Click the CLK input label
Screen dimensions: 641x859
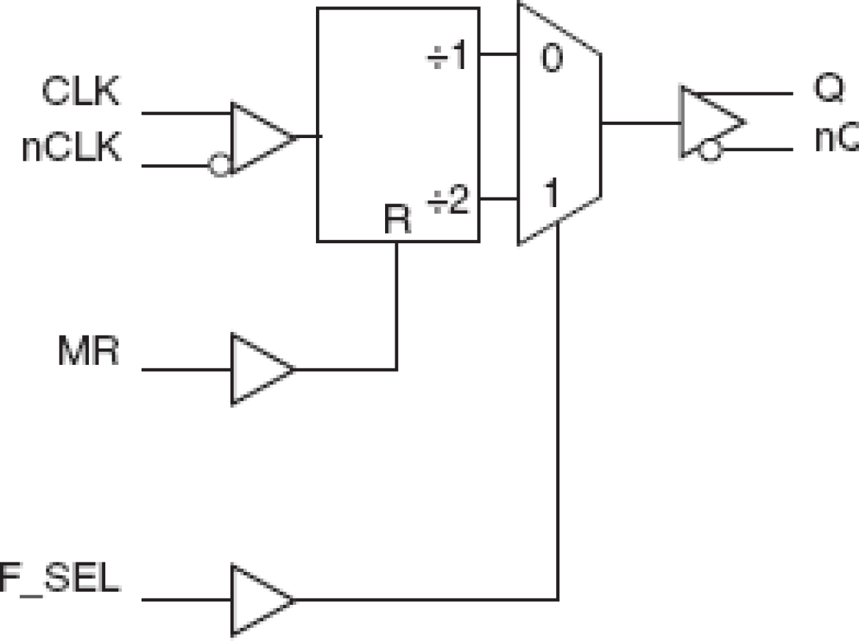(x=81, y=92)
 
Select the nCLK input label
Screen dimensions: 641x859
(x=72, y=148)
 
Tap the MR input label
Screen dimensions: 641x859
(x=88, y=353)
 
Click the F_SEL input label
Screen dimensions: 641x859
(x=60, y=581)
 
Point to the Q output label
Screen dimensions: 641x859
(x=829, y=89)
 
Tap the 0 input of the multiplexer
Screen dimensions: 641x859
(x=551, y=59)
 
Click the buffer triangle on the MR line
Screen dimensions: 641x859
(x=259, y=370)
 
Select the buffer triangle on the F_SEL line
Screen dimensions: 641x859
(x=259, y=600)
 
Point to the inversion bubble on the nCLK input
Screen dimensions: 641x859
(x=219, y=165)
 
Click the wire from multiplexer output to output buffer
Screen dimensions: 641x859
(x=640, y=124)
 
